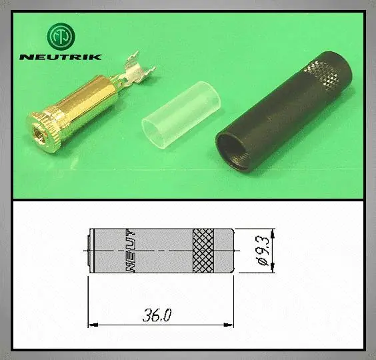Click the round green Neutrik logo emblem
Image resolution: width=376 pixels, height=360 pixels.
(x=61, y=37)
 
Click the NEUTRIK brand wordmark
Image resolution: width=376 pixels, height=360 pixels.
(x=61, y=57)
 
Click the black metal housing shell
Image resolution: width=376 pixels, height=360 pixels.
(x=284, y=112)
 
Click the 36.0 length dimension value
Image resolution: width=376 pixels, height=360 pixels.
(x=157, y=315)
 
